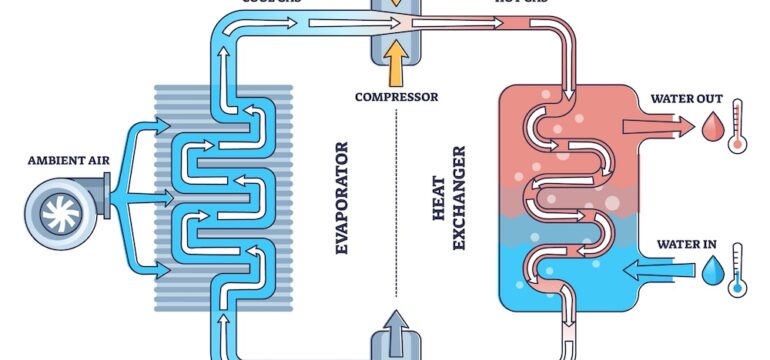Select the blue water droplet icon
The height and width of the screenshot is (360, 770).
(x=712, y=271)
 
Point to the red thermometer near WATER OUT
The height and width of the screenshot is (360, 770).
(x=738, y=125)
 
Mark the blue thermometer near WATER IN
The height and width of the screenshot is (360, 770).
(x=738, y=269)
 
